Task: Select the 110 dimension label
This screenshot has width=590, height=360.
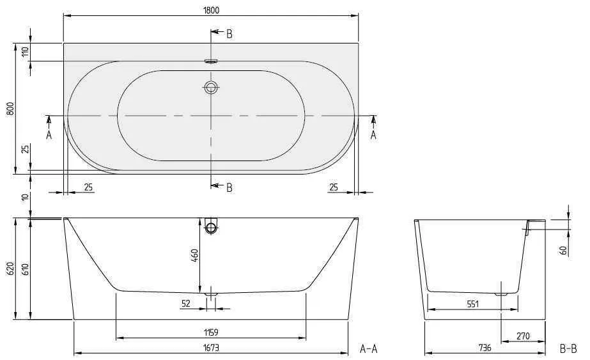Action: (25, 52)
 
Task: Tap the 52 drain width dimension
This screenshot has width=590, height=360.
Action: (186, 304)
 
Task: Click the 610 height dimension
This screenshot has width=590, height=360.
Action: (26, 269)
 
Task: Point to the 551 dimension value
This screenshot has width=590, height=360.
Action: (472, 304)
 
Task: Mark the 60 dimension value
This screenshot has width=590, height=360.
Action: (563, 249)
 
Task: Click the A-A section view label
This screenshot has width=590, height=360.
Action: (369, 348)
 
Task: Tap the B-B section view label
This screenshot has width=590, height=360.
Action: (568, 348)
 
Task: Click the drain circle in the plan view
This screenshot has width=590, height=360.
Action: (211, 87)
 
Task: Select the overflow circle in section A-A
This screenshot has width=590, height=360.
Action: (212, 227)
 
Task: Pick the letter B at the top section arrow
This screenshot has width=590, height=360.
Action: (229, 34)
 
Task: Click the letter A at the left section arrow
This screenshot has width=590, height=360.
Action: (49, 135)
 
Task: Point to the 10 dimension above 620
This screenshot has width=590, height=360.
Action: (25, 197)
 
